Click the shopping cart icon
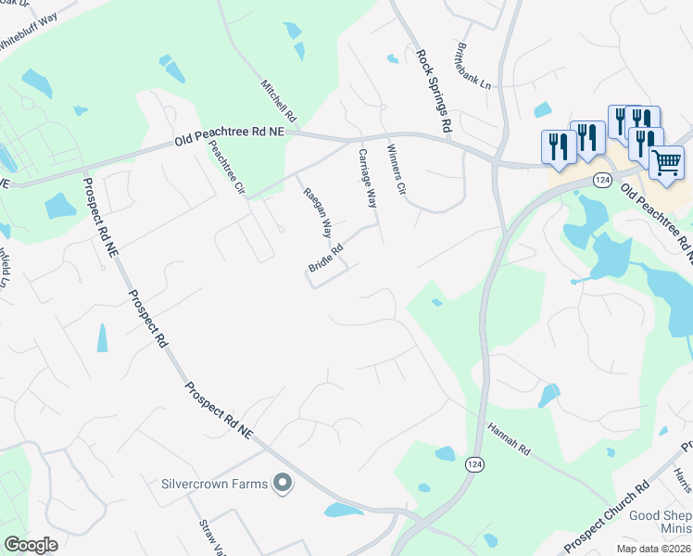click(x=667, y=163)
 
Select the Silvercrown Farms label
click(x=214, y=483)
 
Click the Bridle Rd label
click(x=325, y=259)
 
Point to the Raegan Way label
click(x=318, y=211)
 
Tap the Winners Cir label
click(x=396, y=171)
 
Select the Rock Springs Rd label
click(x=434, y=91)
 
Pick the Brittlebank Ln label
click(x=475, y=66)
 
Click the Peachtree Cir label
click(x=226, y=167)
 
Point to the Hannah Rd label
click(x=509, y=439)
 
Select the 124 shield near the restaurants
click(x=603, y=179)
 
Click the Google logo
click(x=31, y=544)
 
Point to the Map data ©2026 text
click(x=653, y=549)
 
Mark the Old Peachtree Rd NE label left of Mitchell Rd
click(x=229, y=139)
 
